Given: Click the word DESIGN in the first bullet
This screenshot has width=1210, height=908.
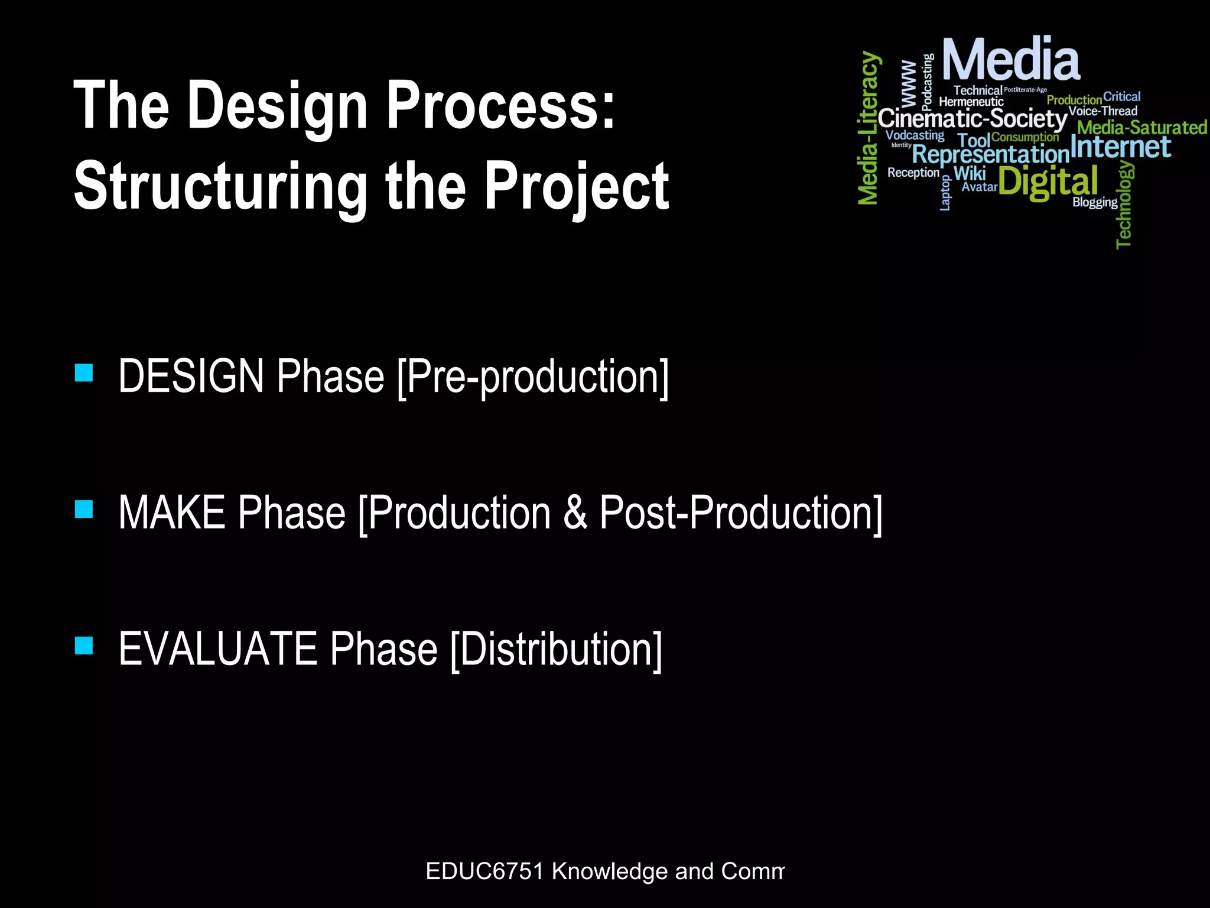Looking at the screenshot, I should (x=191, y=377).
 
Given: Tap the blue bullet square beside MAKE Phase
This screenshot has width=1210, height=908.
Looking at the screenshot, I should (x=84, y=509).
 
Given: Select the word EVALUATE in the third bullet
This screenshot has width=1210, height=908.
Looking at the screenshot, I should (x=218, y=649).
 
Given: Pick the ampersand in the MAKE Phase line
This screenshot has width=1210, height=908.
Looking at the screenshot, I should (x=575, y=513).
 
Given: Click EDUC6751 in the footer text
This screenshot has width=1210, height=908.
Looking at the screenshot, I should (x=484, y=871).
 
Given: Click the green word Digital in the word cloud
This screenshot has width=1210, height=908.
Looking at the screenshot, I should (x=1048, y=182).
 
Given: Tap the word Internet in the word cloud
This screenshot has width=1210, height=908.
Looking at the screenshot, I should (x=1120, y=147).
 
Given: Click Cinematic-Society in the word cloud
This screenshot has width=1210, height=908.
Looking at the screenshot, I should (x=972, y=119).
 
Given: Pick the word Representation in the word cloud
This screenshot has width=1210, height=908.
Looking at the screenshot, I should (x=990, y=155).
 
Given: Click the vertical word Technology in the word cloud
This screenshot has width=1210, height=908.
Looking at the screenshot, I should (x=1124, y=205).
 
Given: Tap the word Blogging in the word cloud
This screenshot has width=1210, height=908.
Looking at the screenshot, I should (x=1094, y=202).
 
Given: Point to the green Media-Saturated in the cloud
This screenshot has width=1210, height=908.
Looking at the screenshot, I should (x=1141, y=128).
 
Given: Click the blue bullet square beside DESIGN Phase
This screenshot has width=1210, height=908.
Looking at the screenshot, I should (x=84, y=373).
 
